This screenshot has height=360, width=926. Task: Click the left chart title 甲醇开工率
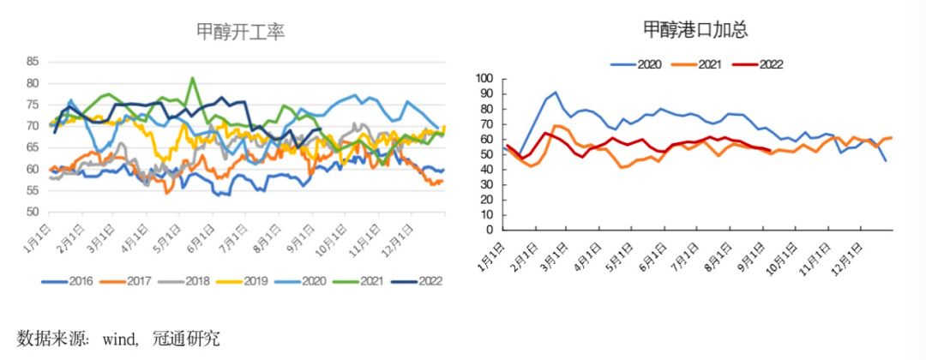tap(240, 32)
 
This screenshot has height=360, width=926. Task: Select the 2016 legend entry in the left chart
tap(70, 282)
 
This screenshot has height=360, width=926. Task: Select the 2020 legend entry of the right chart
tap(641, 63)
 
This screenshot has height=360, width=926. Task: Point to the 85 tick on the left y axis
tap(33, 62)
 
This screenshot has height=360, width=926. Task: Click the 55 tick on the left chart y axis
tap(33, 190)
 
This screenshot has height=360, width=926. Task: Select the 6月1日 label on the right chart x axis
tap(646, 255)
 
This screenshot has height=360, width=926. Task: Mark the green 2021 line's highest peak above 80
tap(192, 78)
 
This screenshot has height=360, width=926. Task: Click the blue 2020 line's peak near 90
tap(556, 93)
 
